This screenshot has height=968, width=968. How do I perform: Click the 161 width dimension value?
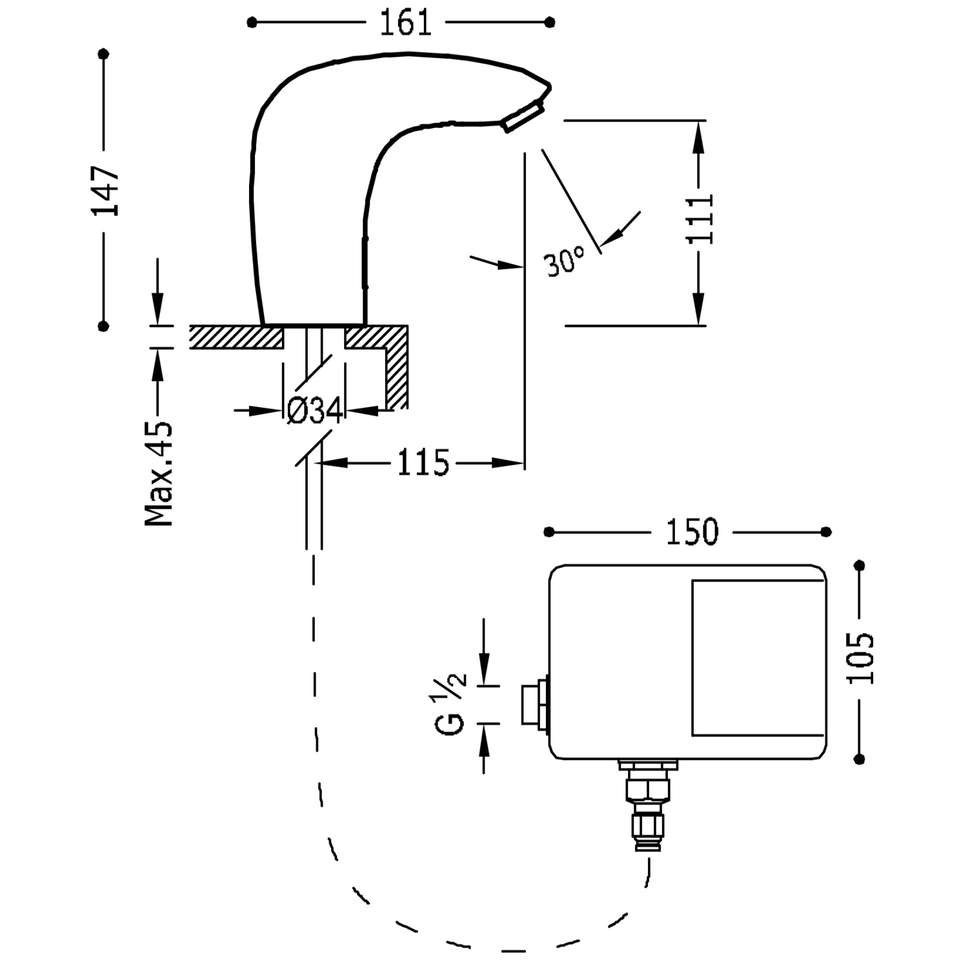click(405, 23)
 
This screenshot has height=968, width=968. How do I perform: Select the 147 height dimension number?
click(105, 191)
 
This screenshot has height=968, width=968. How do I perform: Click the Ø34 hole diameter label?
click(314, 410)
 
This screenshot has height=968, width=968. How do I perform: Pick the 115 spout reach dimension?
click(423, 463)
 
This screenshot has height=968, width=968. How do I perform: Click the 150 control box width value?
click(692, 532)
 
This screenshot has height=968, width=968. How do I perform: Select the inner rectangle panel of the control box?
click(758, 658)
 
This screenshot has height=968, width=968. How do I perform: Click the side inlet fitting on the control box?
click(534, 703)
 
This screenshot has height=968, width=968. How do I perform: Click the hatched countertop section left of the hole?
click(236, 337)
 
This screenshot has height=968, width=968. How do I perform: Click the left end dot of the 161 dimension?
click(252, 23)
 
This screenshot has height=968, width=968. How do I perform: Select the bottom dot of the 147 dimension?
click(103, 327)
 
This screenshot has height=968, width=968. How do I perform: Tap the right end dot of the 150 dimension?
click(827, 532)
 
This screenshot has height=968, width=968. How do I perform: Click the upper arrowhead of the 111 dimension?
click(698, 138)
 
